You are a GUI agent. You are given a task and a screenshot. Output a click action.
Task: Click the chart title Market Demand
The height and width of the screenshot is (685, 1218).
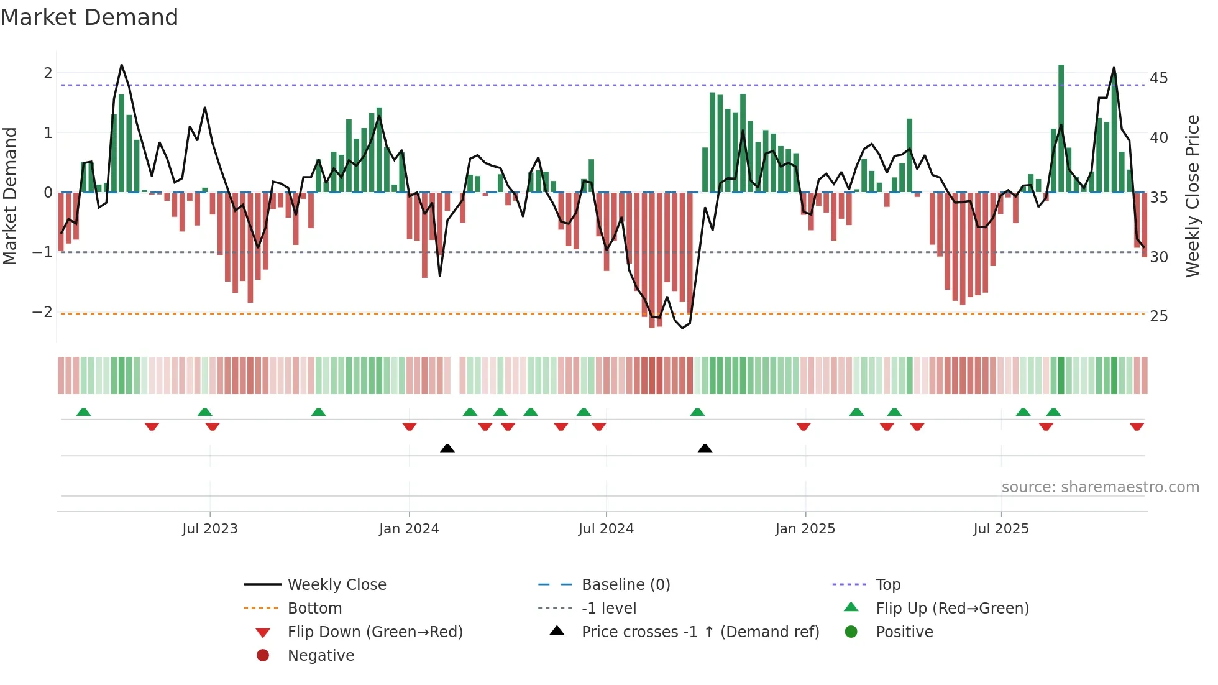click(89, 17)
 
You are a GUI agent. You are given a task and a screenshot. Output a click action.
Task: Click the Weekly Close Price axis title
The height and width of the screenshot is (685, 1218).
click(1192, 196)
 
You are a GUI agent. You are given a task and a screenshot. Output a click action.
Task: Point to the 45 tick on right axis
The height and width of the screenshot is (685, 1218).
click(1158, 78)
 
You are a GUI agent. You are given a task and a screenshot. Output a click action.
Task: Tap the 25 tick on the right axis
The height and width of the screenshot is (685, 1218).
click(1158, 316)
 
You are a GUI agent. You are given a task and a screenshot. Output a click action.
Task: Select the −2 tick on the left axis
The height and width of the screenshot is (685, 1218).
click(42, 312)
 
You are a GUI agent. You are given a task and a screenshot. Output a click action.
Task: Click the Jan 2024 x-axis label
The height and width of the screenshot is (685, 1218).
click(409, 529)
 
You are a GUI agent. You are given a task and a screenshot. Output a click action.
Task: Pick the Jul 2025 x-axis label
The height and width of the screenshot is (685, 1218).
click(1001, 529)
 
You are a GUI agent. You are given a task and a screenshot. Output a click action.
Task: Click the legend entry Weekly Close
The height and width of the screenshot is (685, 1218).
click(336, 585)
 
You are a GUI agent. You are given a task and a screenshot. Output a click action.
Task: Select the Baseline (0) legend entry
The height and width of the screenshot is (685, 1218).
click(625, 585)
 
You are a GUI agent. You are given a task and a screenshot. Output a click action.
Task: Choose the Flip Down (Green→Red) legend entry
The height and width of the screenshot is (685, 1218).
click(375, 632)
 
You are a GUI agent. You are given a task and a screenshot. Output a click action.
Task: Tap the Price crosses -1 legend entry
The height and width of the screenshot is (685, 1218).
click(700, 632)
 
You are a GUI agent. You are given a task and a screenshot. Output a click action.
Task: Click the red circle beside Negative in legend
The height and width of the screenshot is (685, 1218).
click(263, 656)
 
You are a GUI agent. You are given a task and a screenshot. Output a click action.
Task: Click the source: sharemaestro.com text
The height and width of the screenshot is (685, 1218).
click(1100, 487)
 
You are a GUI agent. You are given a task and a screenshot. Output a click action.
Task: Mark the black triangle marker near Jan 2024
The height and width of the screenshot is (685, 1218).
click(447, 448)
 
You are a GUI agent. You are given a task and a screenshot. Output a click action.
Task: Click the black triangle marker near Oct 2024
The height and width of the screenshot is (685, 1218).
click(705, 448)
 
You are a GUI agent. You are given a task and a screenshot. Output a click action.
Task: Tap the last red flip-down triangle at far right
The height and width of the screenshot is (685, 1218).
click(1137, 427)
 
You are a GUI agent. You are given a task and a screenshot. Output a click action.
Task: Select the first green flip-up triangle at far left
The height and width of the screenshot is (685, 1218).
click(83, 412)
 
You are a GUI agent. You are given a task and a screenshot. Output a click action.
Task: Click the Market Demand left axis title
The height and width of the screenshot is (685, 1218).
click(11, 196)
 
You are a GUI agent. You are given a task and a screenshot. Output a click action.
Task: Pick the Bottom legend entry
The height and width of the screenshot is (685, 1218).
click(314, 609)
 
